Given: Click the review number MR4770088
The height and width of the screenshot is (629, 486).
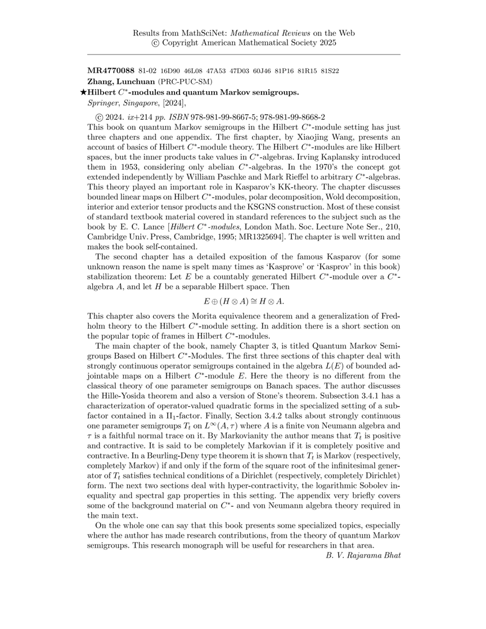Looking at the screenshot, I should point(110,71).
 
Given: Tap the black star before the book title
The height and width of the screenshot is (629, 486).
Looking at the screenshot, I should point(84,92).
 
